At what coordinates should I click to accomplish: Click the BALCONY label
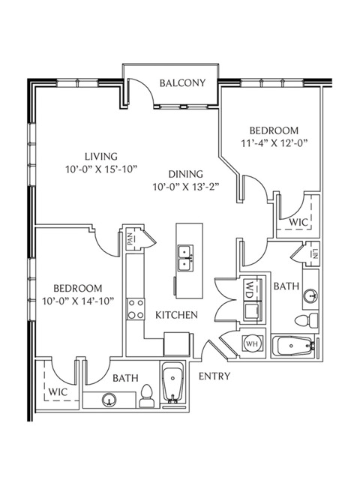(x=182, y=83)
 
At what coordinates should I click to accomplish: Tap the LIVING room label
(x=101, y=157)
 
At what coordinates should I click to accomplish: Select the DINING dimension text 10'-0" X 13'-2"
(x=187, y=187)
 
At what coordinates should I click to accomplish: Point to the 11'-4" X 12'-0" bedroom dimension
(x=274, y=143)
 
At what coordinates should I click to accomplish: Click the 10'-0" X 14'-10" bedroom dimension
(x=78, y=301)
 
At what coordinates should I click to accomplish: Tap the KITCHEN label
(x=177, y=315)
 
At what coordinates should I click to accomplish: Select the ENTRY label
(x=214, y=376)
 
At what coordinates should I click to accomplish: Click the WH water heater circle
(x=251, y=343)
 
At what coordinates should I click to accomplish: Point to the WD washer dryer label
(x=249, y=290)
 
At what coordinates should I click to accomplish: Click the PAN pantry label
(x=130, y=239)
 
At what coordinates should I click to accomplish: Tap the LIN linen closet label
(x=316, y=253)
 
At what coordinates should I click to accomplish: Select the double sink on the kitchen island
(x=185, y=258)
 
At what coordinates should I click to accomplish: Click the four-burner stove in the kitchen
(x=136, y=309)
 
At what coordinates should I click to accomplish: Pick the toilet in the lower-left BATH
(x=147, y=396)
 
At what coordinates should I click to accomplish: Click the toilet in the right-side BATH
(x=307, y=320)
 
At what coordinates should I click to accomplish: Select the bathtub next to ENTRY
(x=173, y=383)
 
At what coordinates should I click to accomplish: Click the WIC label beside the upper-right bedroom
(x=298, y=222)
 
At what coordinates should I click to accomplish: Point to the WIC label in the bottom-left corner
(x=58, y=391)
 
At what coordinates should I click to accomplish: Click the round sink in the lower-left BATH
(x=109, y=400)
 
